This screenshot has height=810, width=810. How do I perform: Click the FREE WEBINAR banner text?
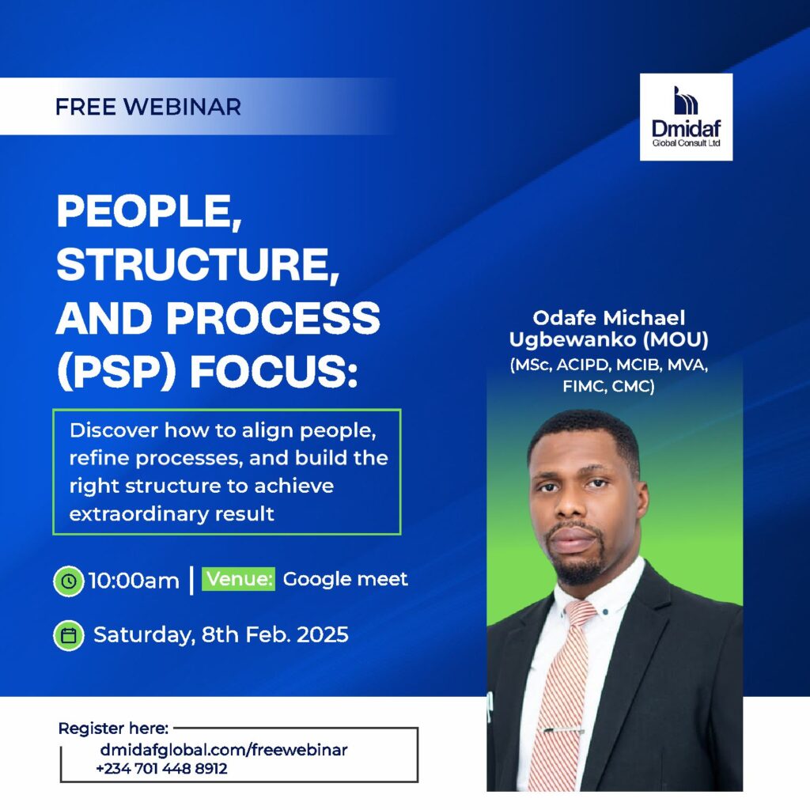pyautogui.click(x=148, y=107)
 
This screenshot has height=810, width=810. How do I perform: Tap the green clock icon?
pyautogui.click(x=69, y=581)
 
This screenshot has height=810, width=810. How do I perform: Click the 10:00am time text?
pyautogui.click(x=134, y=581)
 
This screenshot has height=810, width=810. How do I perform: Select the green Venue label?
pyautogui.click(x=238, y=578)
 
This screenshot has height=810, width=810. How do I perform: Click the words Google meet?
pyautogui.click(x=345, y=579)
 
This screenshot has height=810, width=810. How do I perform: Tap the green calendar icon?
pyautogui.click(x=69, y=635)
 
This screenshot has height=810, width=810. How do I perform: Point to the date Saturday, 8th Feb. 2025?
pyautogui.click(x=221, y=635)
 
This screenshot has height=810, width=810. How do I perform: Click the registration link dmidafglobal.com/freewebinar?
pyautogui.click(x=224, y=750)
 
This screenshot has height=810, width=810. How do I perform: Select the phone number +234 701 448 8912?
pyautogui.click(x=161, y=769)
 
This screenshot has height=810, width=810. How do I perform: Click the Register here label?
pyautogui.click(x=113, y=729)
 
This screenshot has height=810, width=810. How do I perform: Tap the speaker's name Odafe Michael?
pyautogui.click(x=609, y=317)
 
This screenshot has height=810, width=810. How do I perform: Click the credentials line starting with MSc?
pyautogui.click(x=609, y=365)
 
